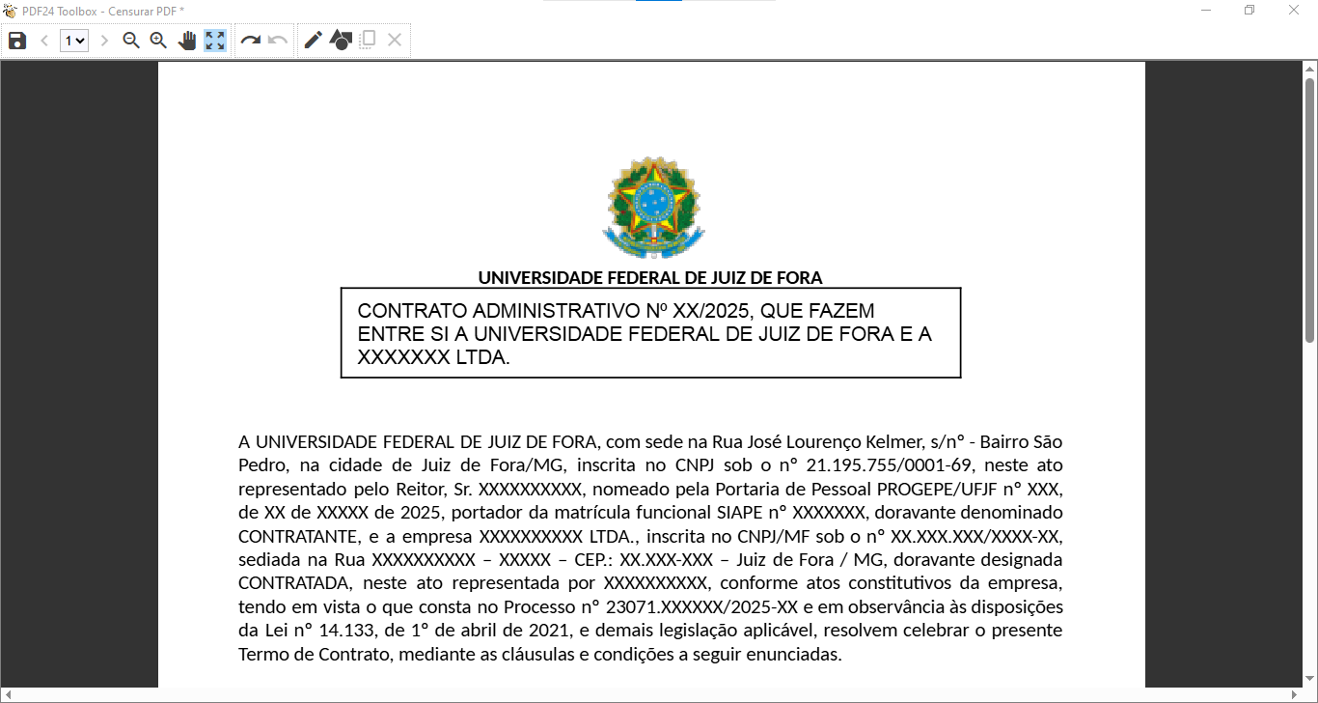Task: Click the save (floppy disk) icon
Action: tap(16, 41)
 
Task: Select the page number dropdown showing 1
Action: tap(73, 41)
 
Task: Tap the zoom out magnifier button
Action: tap(131, 41)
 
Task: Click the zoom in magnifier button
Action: tap(158, 41)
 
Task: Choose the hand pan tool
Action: tap(187, 41)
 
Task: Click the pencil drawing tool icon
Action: tap(313, 41)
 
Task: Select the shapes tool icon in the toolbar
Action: tap(340, 41)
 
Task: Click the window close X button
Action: tap(1295, 11)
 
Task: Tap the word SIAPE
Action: tap(741, 512)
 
